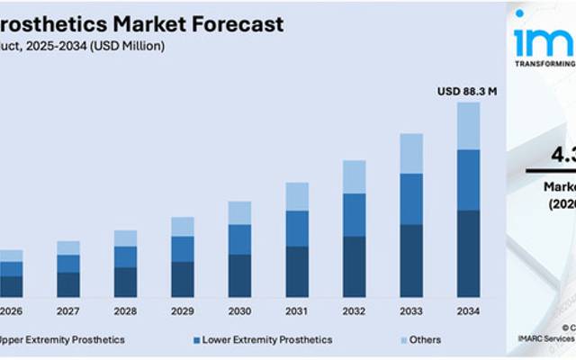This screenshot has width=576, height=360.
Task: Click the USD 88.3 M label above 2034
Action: point(467,91)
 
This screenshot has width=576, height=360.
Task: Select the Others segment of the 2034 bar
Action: point(468,126)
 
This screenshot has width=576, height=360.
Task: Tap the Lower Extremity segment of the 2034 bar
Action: point(468,180)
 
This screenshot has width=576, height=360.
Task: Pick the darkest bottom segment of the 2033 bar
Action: point(411,261)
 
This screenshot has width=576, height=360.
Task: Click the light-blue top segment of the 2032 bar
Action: point(355,176)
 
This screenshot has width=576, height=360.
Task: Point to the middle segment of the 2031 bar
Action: point(297,229)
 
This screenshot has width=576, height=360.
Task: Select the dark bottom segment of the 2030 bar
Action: point(239,275)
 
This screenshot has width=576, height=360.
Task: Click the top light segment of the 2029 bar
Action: point(183,226)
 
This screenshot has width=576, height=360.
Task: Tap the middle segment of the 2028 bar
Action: point(126,256)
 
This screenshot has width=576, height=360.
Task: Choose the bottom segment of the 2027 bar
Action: point(68,284)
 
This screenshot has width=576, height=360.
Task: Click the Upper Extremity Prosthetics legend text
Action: point(63,340)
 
